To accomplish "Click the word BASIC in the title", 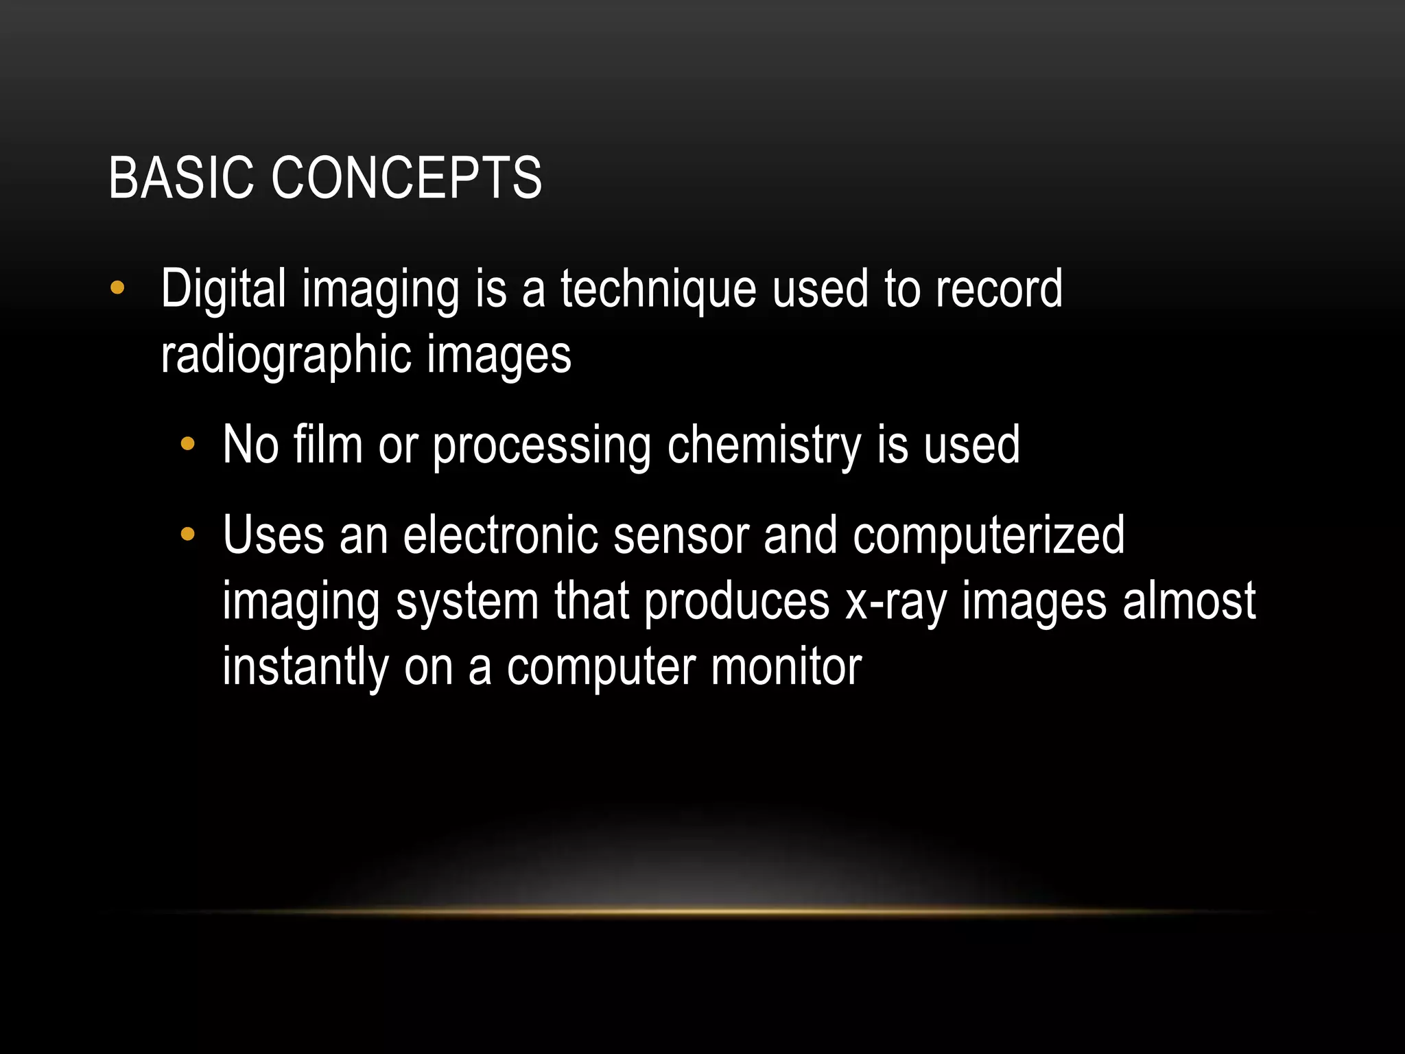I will point(180,178).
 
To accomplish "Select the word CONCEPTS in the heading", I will point(406,178).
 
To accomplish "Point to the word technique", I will point(658,290).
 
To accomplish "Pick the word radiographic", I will point(285,355).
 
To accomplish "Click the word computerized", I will point(988,537).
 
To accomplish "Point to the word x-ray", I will point(895,602).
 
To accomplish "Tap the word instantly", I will point(305,668).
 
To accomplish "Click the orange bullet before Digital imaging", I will point(117,288).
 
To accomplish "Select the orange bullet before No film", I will point(187,445).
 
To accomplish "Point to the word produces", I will point(737,602).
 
